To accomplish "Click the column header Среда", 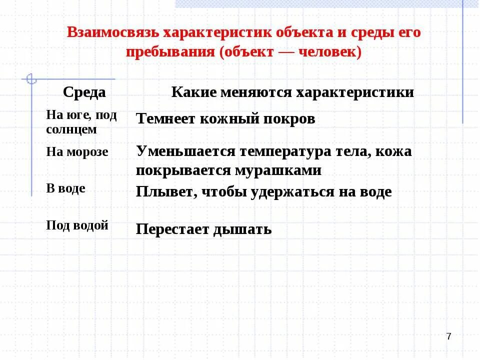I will (84, 92).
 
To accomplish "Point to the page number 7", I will (448, 336).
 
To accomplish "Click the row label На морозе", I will (77, 152).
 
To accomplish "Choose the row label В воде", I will (65, 188).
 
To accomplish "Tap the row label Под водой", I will (77, 225).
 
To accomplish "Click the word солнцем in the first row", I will (71, 129).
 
